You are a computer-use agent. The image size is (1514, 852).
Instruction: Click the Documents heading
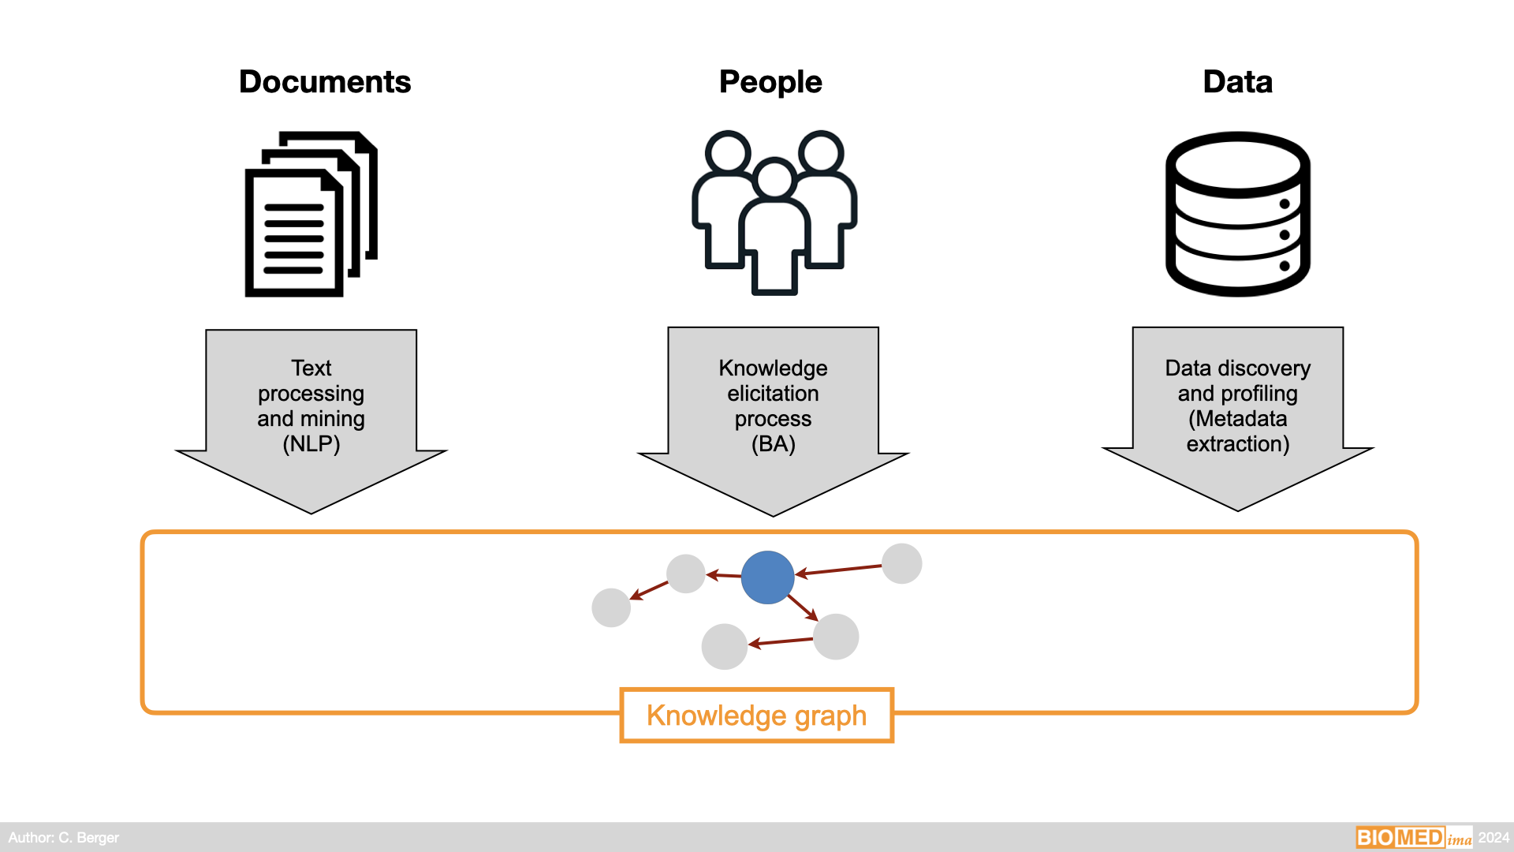[x=325, y=82]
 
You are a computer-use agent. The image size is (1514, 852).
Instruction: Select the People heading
[x=770, y=82]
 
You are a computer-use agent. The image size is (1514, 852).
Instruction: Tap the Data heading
[x=1237, y=82]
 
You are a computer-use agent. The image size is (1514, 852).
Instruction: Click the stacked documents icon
[x=311, y=215]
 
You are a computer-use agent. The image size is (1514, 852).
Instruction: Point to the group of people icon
[x=774, y=213]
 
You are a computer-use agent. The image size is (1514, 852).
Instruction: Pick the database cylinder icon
[x=1237, y=214]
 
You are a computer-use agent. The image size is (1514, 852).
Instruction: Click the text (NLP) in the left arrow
[x=311, y=444]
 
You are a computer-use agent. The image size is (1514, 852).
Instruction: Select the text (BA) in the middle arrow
[x=773, y=444]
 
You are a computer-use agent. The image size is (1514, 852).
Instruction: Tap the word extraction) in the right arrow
[x=1237, y=444]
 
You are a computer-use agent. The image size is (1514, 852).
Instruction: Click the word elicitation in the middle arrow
[x=773, y=394]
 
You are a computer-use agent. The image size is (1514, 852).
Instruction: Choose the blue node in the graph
[x=767, y=577]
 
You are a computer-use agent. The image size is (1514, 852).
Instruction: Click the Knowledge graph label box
[x=756, y=716]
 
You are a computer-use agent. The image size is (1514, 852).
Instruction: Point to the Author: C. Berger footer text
[x=64, y=838]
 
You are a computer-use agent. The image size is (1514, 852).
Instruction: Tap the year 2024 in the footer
[x=1493, y=838]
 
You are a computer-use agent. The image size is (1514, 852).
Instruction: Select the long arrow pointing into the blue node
[x=839, y=570]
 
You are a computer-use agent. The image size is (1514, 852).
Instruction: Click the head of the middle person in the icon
[x=774, y=177]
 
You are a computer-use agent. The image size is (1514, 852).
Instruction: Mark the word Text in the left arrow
[x=311, y=368]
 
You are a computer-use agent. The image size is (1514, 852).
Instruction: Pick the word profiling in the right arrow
[x=1259, y=394]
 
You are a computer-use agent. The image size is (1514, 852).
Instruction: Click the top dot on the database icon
[x=1285, y=204]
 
